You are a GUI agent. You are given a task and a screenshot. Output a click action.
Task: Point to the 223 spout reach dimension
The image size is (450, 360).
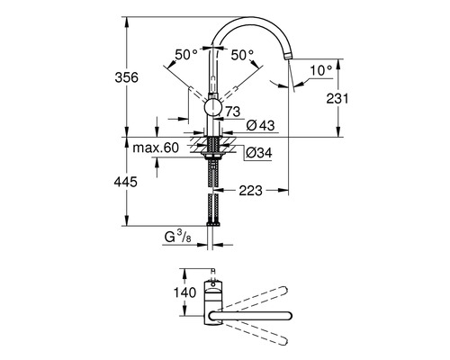251,191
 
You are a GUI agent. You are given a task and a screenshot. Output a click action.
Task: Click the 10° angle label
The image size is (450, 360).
321,67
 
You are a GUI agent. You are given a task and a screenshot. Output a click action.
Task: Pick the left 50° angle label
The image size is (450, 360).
186,55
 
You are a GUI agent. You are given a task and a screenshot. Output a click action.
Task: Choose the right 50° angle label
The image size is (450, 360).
242,55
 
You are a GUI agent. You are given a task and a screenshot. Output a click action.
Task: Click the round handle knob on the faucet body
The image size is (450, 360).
212,109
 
